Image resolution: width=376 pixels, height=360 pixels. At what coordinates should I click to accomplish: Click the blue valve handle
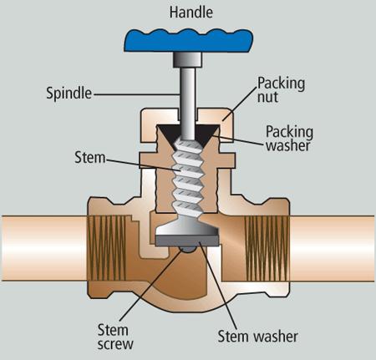click(188, 41)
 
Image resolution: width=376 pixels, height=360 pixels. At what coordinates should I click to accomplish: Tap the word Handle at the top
click(191, 13)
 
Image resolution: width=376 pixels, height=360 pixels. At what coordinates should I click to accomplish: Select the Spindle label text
click(69, 93)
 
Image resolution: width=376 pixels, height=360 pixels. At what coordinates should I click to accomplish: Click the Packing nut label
click(281, 89)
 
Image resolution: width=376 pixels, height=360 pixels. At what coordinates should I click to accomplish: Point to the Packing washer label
click(289, 139)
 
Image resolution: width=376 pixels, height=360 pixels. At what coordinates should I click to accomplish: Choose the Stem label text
click(90, 158)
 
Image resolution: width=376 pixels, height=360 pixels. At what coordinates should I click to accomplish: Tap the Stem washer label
click(257, 337)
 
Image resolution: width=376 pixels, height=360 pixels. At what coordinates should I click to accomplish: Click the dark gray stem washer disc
click(187, 241)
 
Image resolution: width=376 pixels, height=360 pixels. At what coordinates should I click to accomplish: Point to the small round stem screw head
click(187, 250)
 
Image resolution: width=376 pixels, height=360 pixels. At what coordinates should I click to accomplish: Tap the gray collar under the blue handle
click(187, 60)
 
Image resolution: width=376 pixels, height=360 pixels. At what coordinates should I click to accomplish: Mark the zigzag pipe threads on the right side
click(267, 248)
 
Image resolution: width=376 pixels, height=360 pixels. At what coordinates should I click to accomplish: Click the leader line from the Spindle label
click(137, 94)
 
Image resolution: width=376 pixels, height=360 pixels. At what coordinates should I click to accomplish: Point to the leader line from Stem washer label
click(218, 286)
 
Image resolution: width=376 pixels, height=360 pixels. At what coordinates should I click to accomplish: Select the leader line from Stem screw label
click(152, 286)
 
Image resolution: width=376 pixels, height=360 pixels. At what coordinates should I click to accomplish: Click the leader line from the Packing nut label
click(240, 104)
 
